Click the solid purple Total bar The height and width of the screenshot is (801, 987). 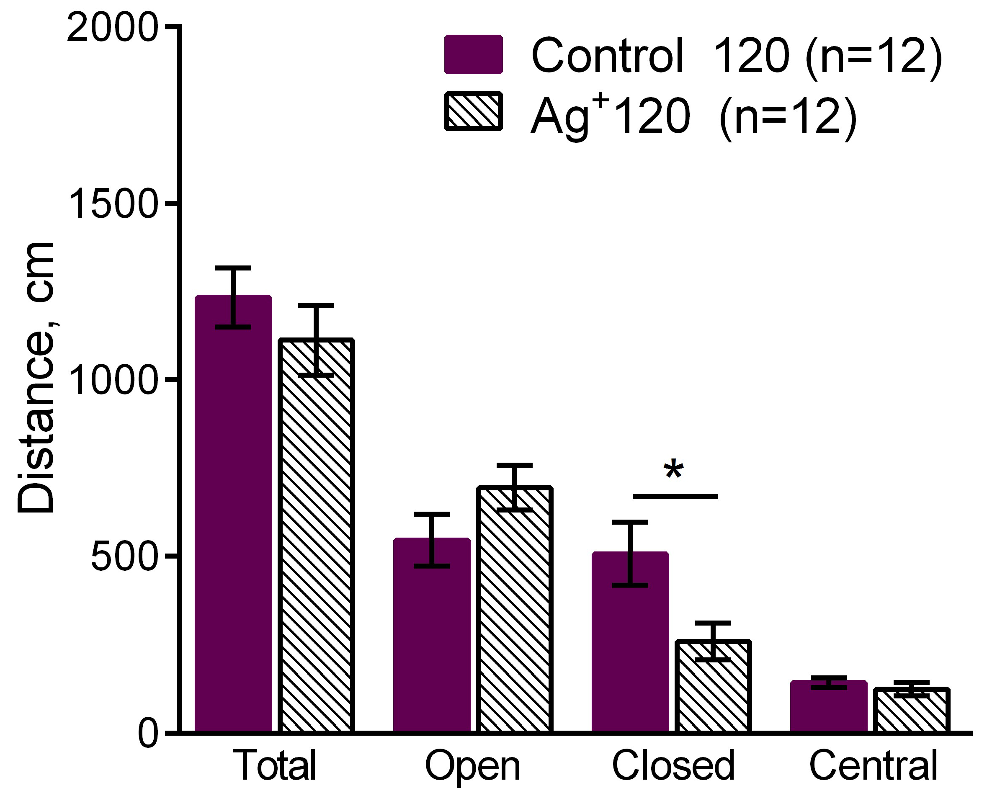point(233,512)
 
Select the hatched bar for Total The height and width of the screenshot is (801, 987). point(317,535)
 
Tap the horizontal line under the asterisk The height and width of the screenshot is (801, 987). point(675,497)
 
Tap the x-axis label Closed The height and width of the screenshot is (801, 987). point(673,765)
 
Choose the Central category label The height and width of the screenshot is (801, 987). point(873,765)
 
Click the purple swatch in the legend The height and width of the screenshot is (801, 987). point(474,54)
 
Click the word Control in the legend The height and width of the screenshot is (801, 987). point(607,56)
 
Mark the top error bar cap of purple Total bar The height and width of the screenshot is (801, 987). point(233,268)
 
